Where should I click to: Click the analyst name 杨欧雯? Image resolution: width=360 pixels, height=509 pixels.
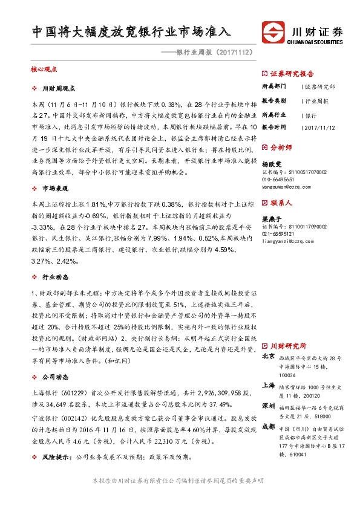tap(272, 163)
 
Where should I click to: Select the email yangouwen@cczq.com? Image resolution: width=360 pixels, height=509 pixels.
tap(285, 187)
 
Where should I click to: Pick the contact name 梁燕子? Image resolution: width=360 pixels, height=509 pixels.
tap(272, 218)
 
